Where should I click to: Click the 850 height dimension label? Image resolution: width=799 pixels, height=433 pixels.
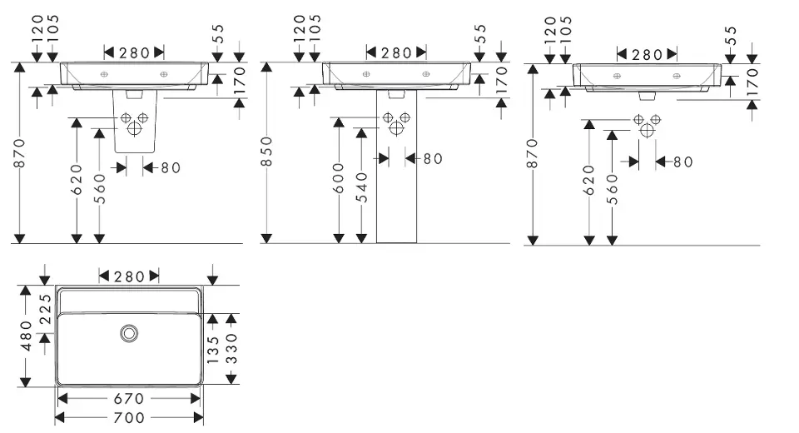[267, 152]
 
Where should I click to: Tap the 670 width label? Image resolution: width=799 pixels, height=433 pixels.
[128, 399]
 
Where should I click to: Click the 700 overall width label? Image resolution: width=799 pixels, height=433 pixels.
[128, 417]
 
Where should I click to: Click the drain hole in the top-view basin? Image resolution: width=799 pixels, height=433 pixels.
[128, 333]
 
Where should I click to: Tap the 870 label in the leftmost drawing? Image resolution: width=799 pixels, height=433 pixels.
[19, 152]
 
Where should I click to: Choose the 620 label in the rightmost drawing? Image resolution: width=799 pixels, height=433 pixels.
[589, 181]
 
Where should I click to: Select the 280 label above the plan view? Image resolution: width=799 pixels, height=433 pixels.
[129, 276]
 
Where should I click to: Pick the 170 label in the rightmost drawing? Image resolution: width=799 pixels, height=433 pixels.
[752, 83]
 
